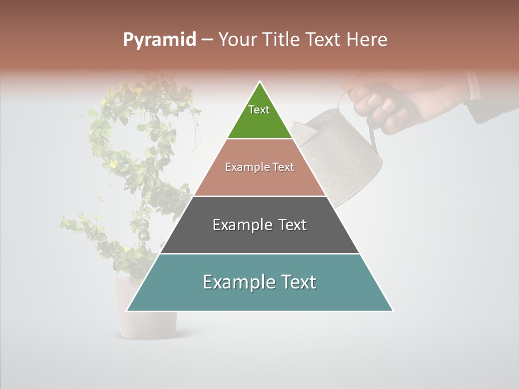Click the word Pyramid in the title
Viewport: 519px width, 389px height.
pyautogui.click(x=159, y=40)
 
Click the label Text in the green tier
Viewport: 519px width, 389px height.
pyautogui.click(x=259, y=110)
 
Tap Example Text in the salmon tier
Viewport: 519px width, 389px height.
pyautogui.click(x=259, y=167)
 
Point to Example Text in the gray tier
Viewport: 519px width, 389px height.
pyautogui.click(x=259, y=225)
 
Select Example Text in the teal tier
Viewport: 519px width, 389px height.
pyautogui.click(x=259, y=282)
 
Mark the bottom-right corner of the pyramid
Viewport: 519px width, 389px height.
pyautogui.click(x=392, y=311)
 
